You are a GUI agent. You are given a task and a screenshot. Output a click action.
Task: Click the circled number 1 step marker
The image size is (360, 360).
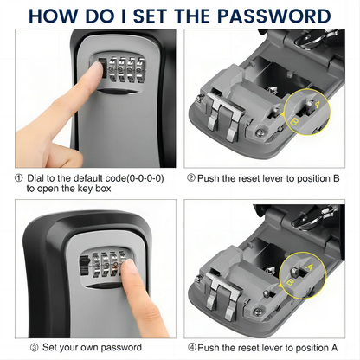click(x=19, y=178)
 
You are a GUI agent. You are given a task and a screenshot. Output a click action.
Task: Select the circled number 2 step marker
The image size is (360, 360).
click(x=191, y=178)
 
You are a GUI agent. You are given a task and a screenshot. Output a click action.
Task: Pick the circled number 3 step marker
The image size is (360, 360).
click(x=34, y=348)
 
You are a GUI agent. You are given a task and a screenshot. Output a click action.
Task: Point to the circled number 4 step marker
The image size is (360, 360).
click(x=192, y=348)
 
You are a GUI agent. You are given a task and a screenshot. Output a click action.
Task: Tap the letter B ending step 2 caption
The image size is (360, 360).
click(x=336, y=178)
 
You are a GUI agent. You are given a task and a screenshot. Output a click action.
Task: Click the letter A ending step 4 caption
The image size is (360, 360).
click(x=334, y=348)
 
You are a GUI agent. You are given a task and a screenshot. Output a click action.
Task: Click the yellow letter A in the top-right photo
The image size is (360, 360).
click(x=317, y=105)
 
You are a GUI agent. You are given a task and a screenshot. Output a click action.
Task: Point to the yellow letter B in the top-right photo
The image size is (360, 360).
click(x=295, y=122)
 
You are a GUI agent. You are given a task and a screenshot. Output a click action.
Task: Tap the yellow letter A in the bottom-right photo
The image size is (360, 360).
click(x=309, y=267)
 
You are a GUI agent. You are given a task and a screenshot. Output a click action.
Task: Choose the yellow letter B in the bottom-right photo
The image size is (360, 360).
click(x=290, y=281)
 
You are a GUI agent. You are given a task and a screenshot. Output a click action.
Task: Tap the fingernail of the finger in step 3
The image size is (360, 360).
click(x=131, y=267)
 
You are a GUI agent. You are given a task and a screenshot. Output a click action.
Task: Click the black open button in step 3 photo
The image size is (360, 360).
click(x=84, y=267)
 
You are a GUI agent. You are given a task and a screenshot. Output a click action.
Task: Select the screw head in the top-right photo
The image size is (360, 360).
click(x=260, y=132)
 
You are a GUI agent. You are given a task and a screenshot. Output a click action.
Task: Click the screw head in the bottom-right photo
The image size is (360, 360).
click(x=257, y=312)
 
